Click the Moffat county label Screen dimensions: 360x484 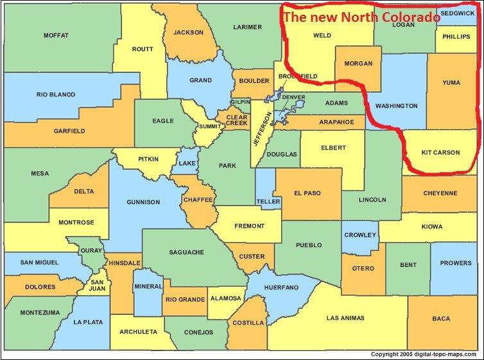click(x=56, y=35)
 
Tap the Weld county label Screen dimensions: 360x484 click(x=322, y=36)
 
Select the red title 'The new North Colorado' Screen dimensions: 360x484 click(x=362, y=17)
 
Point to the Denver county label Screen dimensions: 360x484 click(x=293, y=97)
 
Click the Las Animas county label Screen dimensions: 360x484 click(x=345, y=318)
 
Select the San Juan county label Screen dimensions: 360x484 click(x=97, y=285)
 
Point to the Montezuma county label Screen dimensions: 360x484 click(x=39, y=313)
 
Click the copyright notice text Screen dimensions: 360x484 click(x=425, y=354)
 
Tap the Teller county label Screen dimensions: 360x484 click(x=268, y=201)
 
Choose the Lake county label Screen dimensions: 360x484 click(x=187, y=164)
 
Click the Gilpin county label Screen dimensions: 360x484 click(x=240, y=103)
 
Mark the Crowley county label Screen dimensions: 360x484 click(x=360, y=235)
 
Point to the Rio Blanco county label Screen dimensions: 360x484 click(x=55, y=95)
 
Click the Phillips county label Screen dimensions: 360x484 click(x=457, y=37)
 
